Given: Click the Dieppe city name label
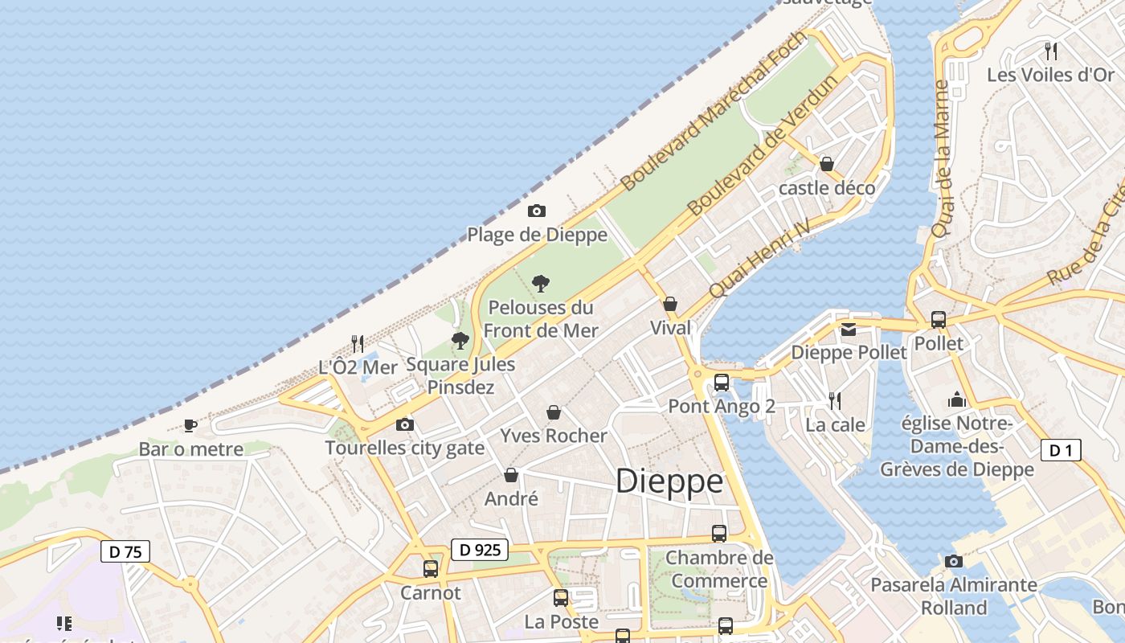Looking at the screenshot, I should (x=669, y=481).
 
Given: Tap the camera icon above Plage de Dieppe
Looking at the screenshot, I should (x=537, y=211).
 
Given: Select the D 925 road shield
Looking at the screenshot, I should (x=480, y=550).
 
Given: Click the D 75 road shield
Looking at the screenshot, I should (x=125, y=551).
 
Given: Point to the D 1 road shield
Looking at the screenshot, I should (x=1061, y=450).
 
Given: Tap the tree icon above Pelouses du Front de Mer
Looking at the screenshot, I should (x=541, y=283).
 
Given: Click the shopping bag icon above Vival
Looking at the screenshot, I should (x=670, y=304).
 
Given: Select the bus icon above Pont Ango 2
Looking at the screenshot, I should (x=722, y=383).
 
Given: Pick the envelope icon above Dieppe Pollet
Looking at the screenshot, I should (x=849, y=330).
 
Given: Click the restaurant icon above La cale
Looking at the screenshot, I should (x=835, y=400).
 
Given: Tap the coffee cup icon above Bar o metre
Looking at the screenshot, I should (x=190, y=425).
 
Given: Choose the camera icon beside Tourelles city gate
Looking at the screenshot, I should (x=405, y=424).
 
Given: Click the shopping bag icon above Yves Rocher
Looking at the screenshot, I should (x=554, y=412).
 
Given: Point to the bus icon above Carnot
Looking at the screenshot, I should (x=431, y=569).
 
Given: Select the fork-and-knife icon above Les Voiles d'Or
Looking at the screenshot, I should (x=1050, y=51).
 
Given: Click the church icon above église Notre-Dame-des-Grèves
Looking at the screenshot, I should (x=957, y=399).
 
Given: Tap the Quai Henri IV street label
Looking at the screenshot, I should (x=758, y=259).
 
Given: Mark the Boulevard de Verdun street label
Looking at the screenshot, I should (x=752, y=161).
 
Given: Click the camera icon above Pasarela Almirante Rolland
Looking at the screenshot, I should (x=954, y=561).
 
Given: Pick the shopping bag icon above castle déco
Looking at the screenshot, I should (x=827, y=165).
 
